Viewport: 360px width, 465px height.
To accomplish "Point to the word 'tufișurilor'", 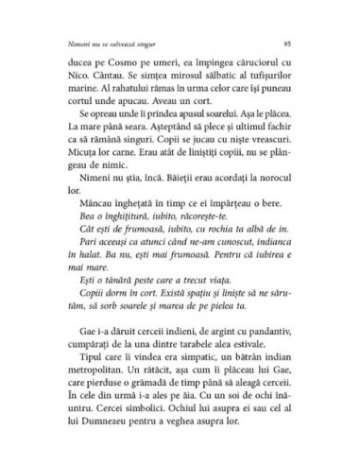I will point(268,82).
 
